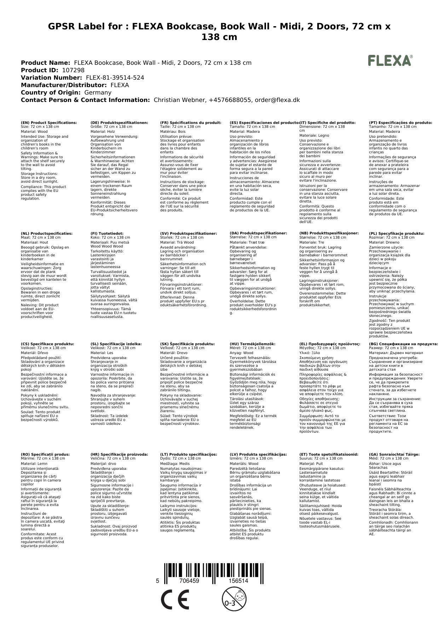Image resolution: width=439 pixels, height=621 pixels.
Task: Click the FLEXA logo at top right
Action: click(390, 61)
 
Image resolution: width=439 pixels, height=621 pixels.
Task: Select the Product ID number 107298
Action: click(73, 70)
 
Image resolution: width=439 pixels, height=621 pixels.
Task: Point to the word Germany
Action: click(98, 92)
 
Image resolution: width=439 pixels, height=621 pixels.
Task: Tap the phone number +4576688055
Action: click(230, 100)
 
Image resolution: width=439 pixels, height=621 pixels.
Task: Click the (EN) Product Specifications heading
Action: click(49, 123)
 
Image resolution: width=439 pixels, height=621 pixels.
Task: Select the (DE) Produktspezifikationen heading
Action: click(119, 123)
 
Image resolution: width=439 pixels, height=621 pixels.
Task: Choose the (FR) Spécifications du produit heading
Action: click(191, 123)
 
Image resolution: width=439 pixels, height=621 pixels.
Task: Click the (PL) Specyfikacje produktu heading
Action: click(397, 234)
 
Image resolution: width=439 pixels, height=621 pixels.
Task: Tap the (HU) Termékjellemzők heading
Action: click(252, 344)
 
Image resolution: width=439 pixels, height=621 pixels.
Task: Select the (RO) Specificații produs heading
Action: click(45, 454)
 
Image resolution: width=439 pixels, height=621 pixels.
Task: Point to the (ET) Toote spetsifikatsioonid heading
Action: click(329, 454)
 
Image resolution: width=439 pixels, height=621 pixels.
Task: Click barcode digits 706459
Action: click(189, 581)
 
